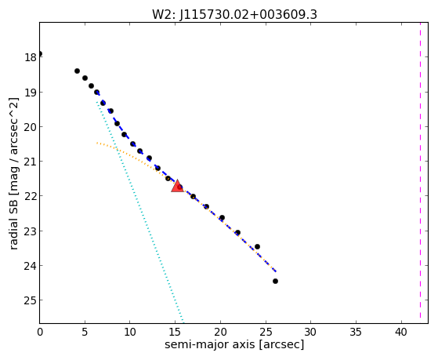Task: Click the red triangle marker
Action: pos(177,186)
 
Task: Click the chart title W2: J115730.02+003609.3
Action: pos(234,15)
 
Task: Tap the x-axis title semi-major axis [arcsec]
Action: pos(234,344)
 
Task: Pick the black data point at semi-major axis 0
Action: pos(40,53)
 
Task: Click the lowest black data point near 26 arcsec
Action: pos(275,281)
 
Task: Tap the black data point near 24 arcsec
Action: pos(257,247)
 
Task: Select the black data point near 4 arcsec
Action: pos(77,71)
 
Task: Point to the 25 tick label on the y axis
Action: pos(31,300)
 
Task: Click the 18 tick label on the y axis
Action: pos(31,57)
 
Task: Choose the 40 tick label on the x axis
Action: pos(401,332)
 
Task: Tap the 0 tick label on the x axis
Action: pos(40,332)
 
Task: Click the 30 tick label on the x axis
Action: pos(311,332)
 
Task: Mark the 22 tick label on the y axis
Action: pos(31,196)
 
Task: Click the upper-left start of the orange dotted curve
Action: pos(97,143)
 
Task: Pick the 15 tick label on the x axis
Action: pos(176,332)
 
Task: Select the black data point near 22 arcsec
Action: pos(237,232)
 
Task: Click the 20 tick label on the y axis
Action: pos(31,127)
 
